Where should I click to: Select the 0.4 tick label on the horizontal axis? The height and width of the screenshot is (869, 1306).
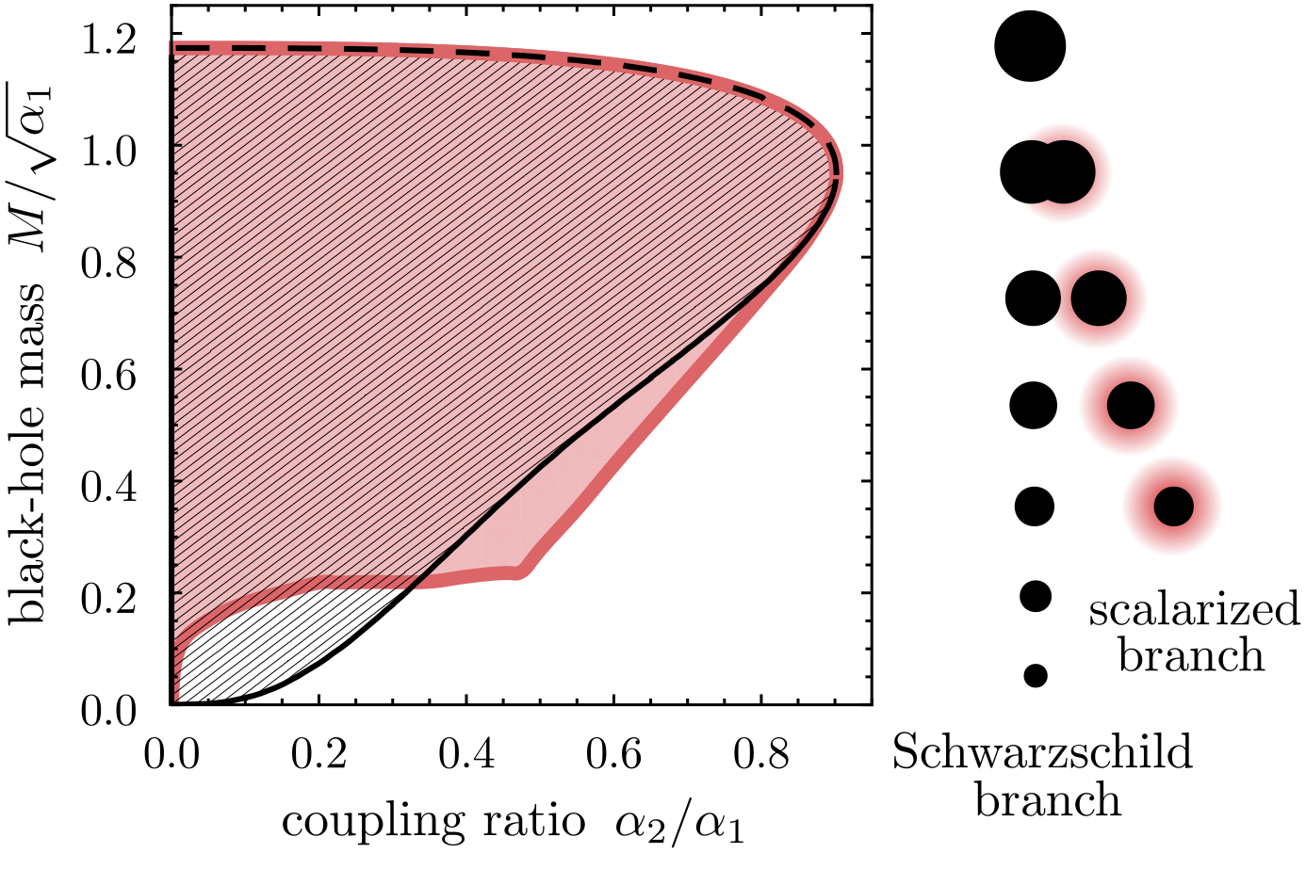coord(467,754)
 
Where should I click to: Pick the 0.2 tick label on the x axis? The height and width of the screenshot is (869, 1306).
coord(320,754)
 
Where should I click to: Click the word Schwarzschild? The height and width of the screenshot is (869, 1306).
coord(1042,754)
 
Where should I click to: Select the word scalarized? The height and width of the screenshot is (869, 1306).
coord(1194,610)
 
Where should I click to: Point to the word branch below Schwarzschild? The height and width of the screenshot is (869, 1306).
coord(1048,801)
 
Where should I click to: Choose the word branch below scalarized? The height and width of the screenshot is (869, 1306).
coord(1191,655)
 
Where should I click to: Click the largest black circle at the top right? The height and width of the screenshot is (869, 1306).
coord(1030,45)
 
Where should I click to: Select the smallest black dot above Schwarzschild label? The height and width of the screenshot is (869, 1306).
coord(1036,675)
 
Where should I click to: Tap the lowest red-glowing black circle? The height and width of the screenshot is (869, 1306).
coord(1173,507)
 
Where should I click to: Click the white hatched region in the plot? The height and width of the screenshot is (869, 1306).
coord(245,640)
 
